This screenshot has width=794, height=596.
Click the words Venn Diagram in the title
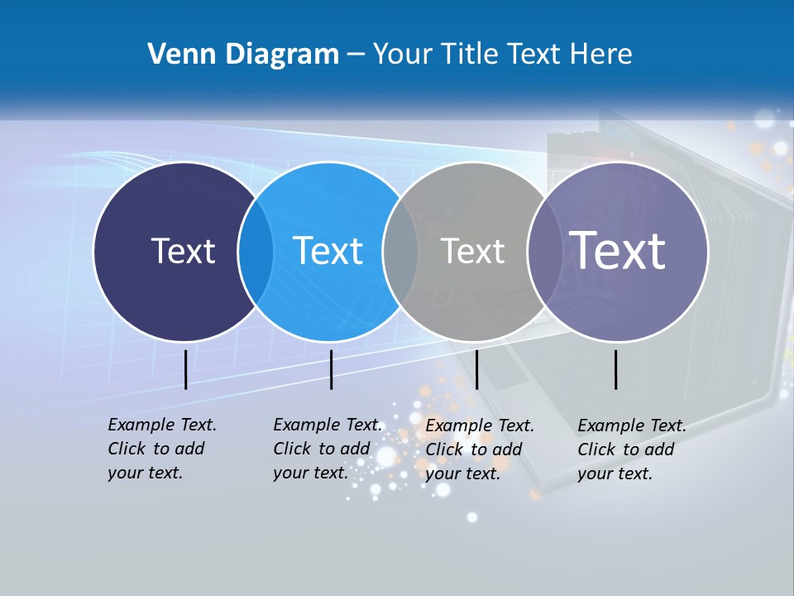coord(243,55)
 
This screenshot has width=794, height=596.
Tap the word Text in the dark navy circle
coord(183,251)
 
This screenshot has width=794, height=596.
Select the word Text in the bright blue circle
coord(328,251)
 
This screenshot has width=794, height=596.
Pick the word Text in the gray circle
coord(473,251)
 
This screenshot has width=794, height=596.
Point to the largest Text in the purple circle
coord(618,250)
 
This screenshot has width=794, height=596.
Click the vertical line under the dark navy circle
coord(185,369)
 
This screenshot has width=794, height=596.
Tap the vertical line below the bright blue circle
coord(331,369)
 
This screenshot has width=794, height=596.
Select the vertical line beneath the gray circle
coord(476,369)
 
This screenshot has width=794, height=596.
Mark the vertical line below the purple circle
coord(616,369)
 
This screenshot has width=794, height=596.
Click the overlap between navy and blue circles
coord(256,251)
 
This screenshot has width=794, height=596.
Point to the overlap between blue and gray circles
coord(400,251)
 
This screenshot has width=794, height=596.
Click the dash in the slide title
coord(355,55)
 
